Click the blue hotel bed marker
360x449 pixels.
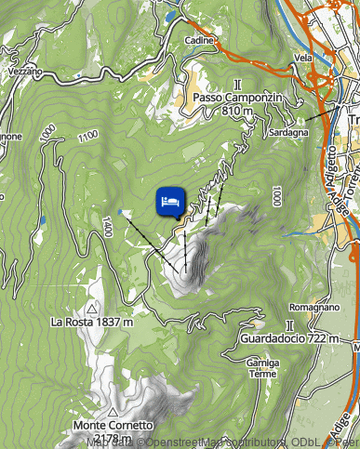168,201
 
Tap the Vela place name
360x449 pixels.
302,58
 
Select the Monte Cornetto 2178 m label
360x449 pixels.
112,431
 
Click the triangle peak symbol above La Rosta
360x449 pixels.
92,306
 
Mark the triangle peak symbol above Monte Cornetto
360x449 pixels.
112,411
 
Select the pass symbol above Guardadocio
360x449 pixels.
290,325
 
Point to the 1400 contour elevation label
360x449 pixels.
108,224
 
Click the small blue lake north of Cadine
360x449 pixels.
168,16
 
